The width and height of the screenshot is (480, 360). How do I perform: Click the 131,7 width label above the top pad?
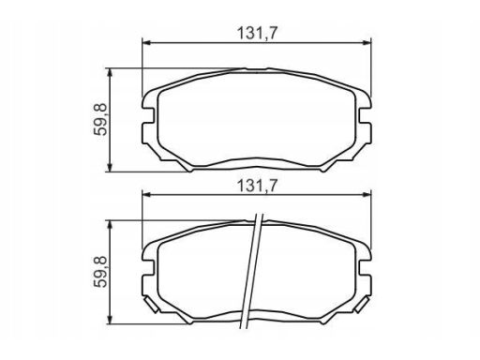(258, 33)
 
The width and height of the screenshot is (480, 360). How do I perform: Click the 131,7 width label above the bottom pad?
(258, 186)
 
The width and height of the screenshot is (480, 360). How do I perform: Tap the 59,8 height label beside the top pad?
(100, 119)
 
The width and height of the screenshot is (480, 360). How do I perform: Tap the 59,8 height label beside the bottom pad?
(100, 271)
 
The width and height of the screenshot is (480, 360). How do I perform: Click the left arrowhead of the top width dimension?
(146, 42)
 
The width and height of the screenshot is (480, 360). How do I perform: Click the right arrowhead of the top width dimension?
(367, 42)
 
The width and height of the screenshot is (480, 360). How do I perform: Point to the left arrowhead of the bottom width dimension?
(146, 194)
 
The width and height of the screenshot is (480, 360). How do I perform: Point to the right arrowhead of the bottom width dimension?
(367, 194)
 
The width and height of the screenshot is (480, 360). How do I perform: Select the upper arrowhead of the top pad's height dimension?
(110, 73)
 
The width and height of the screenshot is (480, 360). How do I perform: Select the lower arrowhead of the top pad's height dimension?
(110, 167)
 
